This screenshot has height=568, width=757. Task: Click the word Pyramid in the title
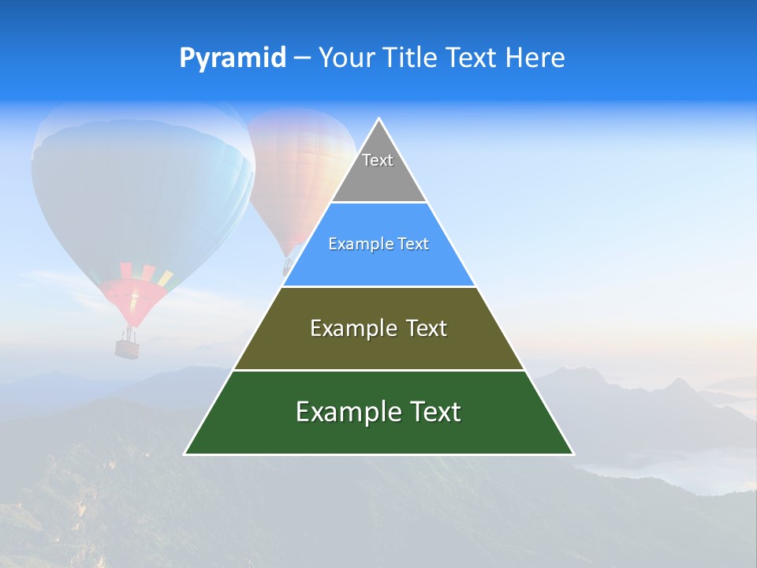click(232, 58)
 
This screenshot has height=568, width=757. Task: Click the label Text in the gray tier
click(378, 160)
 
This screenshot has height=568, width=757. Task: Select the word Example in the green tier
click(343, 412)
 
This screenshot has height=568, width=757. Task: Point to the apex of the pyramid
click(379, 119)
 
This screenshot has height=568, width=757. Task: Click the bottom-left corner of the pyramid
click(185, 454)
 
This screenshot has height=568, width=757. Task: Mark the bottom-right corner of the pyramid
click(573, 454)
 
